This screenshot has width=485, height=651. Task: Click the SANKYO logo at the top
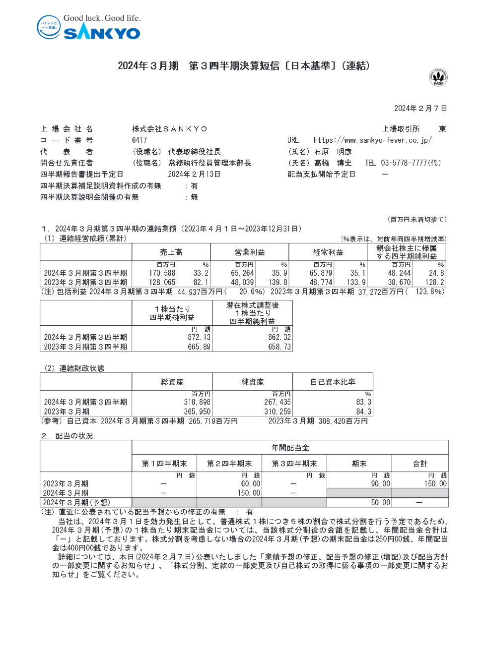click(x=89, y=28)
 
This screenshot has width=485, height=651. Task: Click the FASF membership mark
click(x=438, y=77)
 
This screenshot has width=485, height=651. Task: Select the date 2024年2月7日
click(x=420, y=109)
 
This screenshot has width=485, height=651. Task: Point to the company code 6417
click(x=139, y=140)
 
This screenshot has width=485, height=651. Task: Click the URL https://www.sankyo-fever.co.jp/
click(x=372, y=140)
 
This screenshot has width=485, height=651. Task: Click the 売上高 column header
click(x=171, y=252)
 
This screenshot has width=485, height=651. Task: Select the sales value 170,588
click(x=162, y=273)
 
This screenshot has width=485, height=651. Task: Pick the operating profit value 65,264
click(x=242, y=273)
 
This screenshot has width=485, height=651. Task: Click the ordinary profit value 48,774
click(x=321, y=283)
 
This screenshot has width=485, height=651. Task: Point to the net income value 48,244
click(x=399, y=273)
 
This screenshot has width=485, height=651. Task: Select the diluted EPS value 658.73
click(x=279, y=347)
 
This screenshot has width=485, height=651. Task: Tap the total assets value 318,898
click(x=197, y=402)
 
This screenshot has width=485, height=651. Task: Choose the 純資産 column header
click(x=252, y=382)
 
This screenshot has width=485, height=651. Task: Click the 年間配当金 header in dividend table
click(x=290, y=448)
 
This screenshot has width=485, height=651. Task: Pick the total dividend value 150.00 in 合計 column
click(x=435, y=484)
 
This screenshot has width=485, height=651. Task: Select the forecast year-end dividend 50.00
click(x=381, y=503)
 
